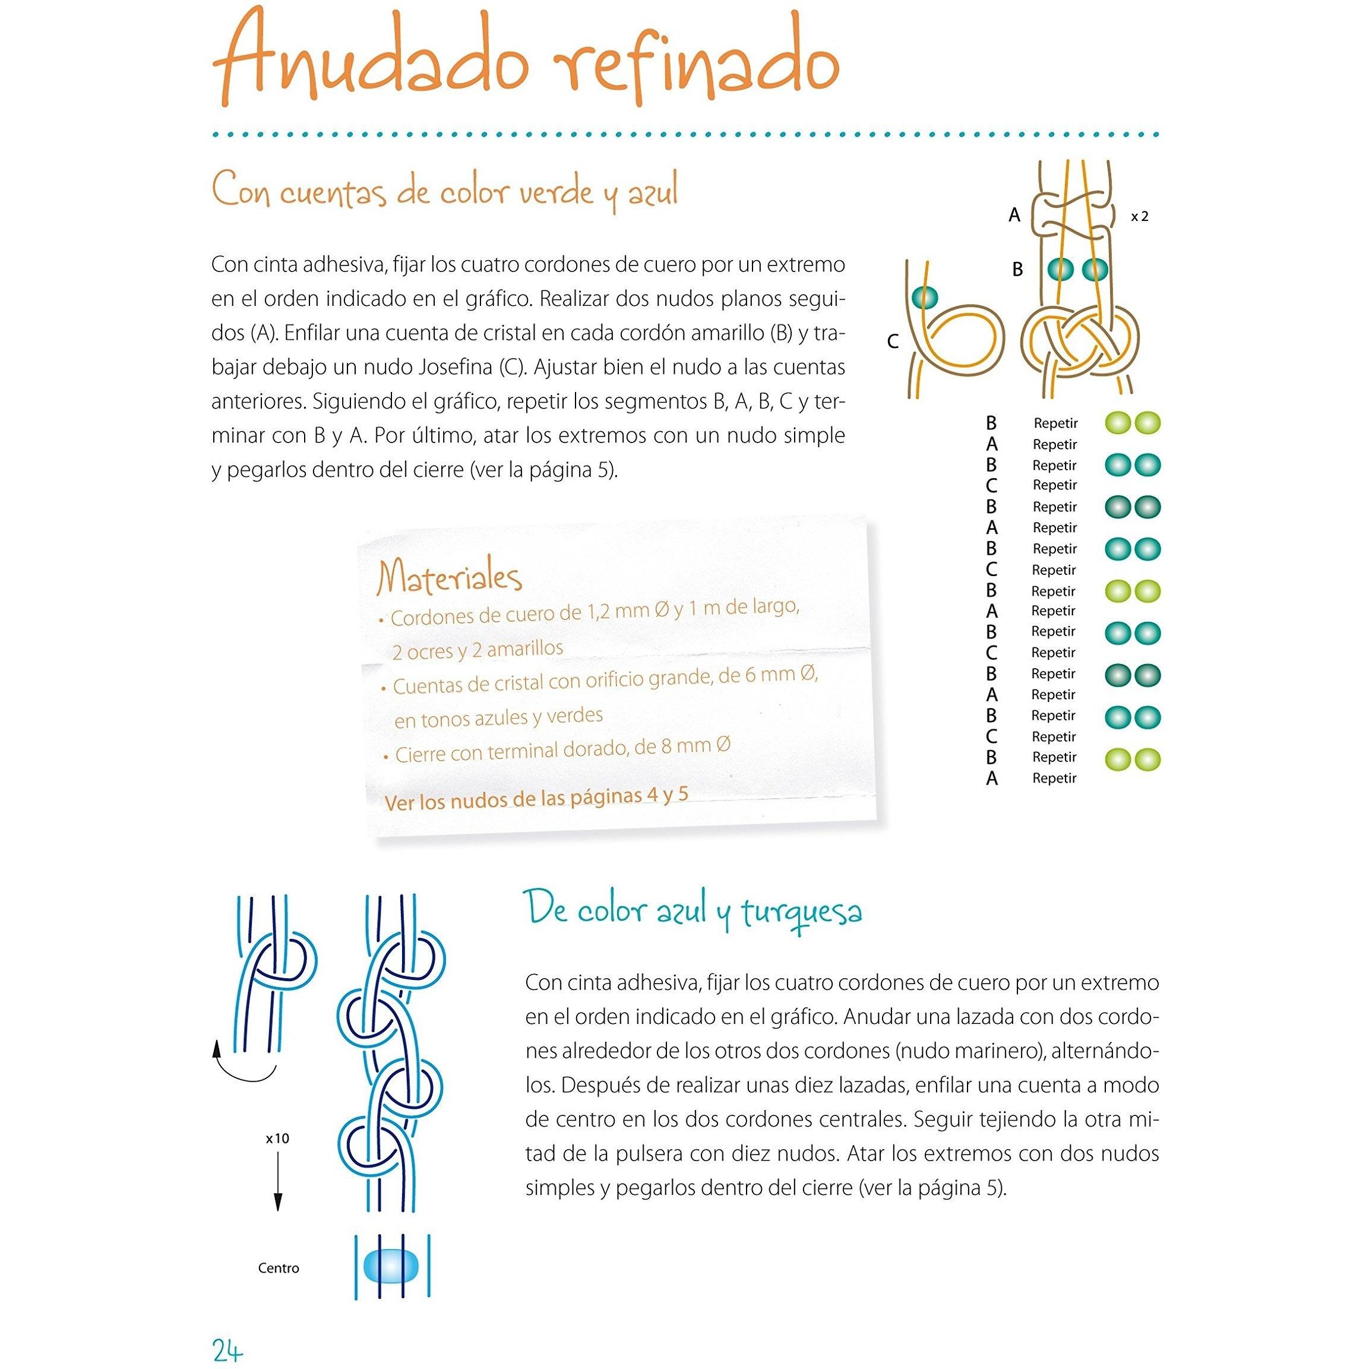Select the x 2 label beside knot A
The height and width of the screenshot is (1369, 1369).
(1139, 217)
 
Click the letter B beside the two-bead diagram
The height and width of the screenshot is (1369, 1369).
(1017, 269)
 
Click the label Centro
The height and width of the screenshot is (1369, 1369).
(279, 1267)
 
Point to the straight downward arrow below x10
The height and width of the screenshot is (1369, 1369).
(278, 1183)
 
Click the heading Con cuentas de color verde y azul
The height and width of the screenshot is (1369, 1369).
(445, 191)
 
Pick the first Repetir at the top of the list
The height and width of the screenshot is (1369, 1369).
(1055, 423)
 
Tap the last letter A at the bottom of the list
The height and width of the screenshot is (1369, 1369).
(991, 778)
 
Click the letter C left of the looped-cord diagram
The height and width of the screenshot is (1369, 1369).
(893, 342)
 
